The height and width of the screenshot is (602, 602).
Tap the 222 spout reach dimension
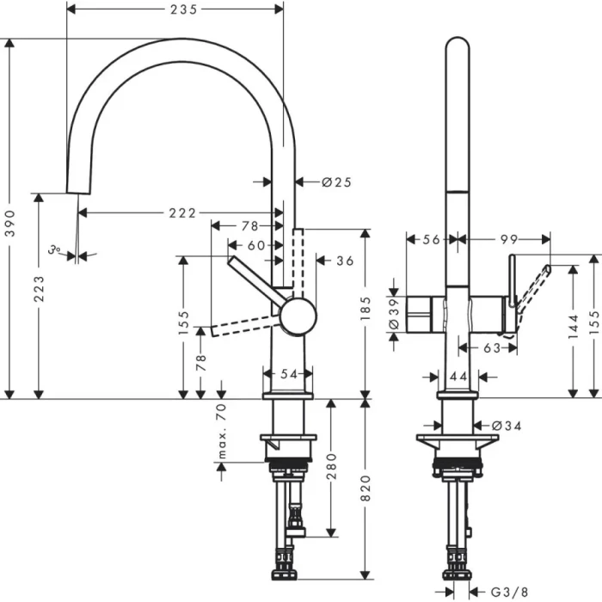click(182, 212)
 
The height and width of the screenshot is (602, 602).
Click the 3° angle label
click(56, 251)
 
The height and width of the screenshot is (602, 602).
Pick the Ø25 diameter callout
click(337, 181)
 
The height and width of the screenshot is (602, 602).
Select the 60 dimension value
click(256, 244)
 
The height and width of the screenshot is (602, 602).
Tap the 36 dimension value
click(345, 260)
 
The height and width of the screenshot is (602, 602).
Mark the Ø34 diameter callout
click(507, 425)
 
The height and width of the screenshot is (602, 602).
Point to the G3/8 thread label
click(513, 592)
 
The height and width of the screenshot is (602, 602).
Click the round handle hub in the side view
click(298, 315)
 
